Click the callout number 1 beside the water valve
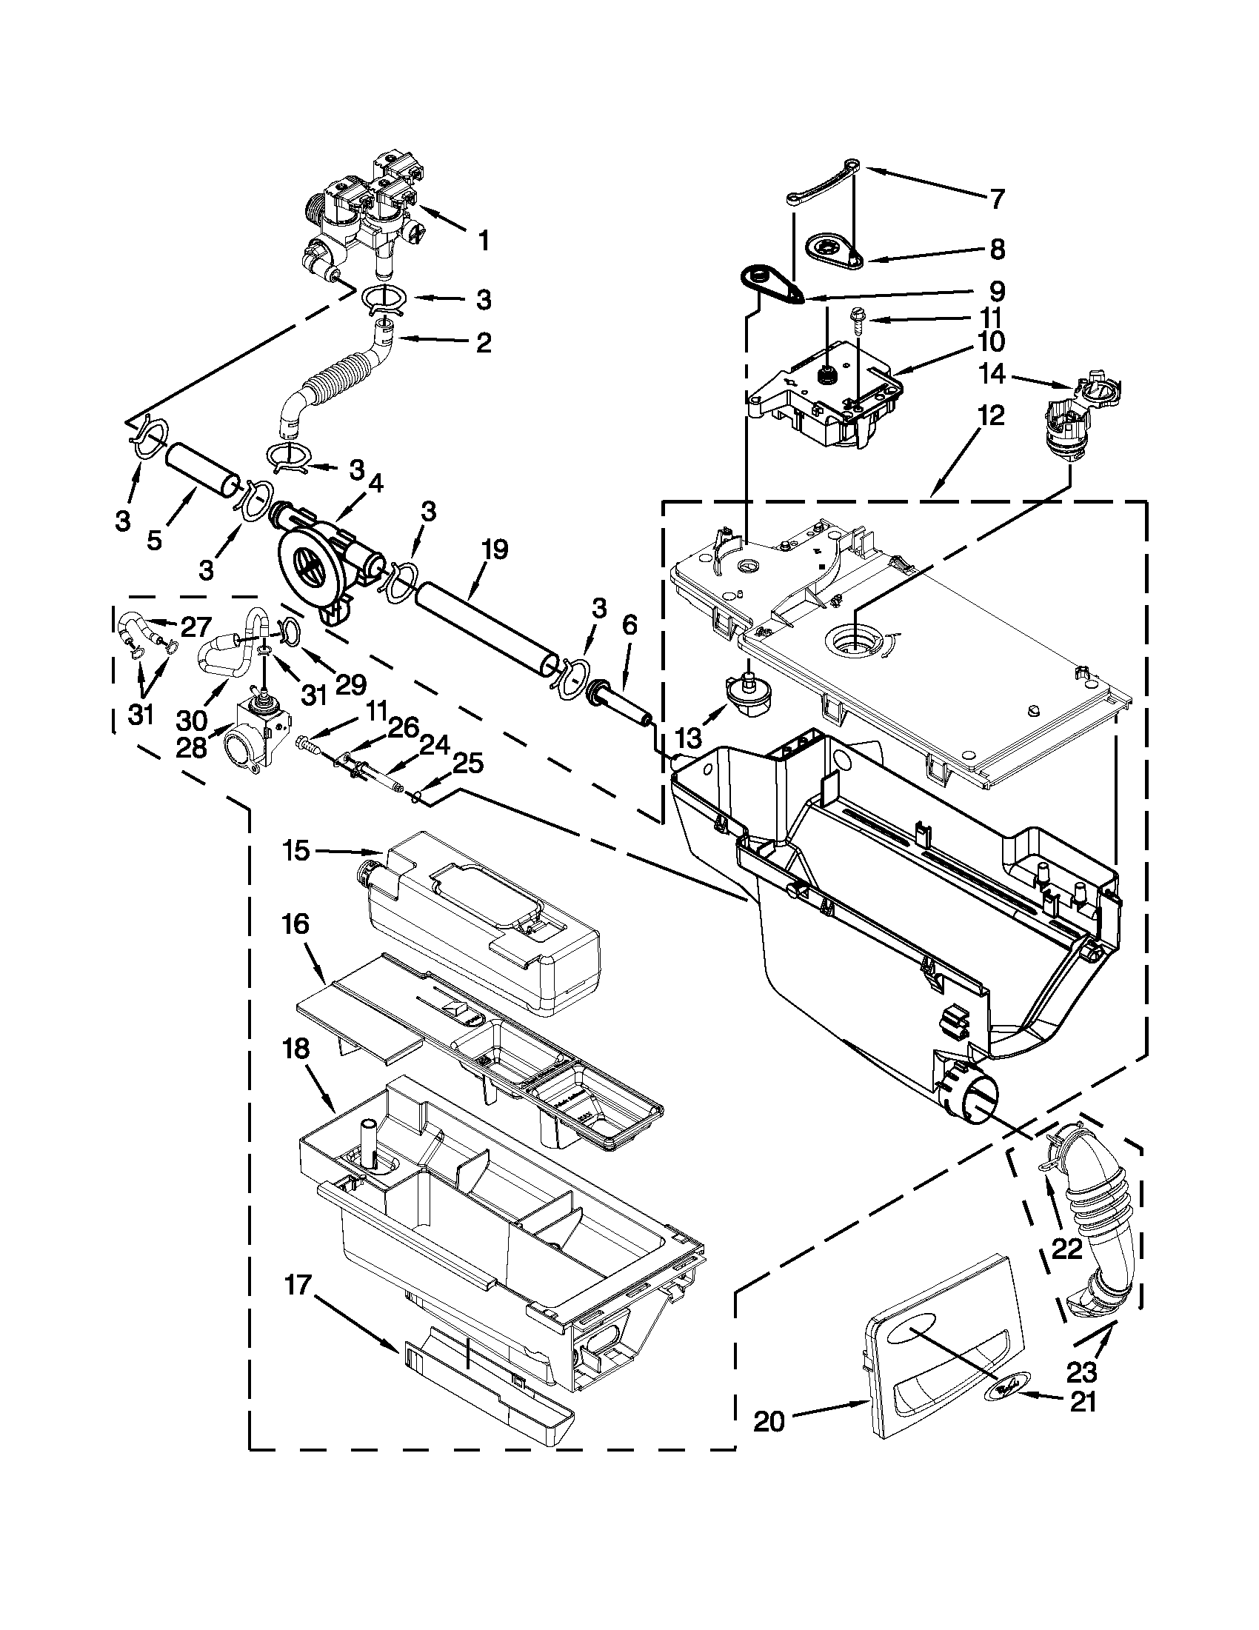(484, 241)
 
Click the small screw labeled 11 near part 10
(856, 318)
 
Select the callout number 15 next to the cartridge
(296, 850)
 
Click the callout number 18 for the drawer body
(295, 1049)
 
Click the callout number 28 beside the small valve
(191, 747)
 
